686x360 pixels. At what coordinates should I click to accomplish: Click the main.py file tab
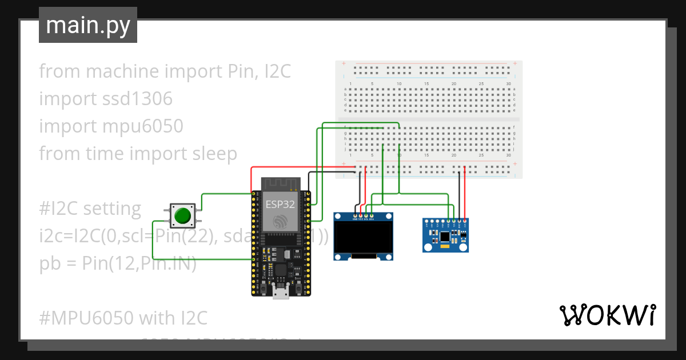click(x=87, y=25)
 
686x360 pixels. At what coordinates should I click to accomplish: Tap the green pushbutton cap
click(x=182, y=215)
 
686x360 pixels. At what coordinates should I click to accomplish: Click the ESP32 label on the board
click(x=280, y=203)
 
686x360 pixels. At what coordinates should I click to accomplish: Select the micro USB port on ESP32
click(x=280, y=293)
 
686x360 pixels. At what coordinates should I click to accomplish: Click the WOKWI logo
click(x=607, y=315)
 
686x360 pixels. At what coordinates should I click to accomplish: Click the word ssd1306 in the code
click(x=135, y=99)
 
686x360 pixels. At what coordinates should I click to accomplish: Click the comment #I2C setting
click(x=90, y=209)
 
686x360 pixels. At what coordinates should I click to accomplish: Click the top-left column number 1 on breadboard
click(x=350, y=84)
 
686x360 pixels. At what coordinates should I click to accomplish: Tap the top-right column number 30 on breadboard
click(x=508, y=84)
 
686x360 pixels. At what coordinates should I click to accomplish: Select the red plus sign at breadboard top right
click(x=515, y=63)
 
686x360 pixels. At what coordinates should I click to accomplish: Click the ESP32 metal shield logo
click(x=280, y=220)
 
